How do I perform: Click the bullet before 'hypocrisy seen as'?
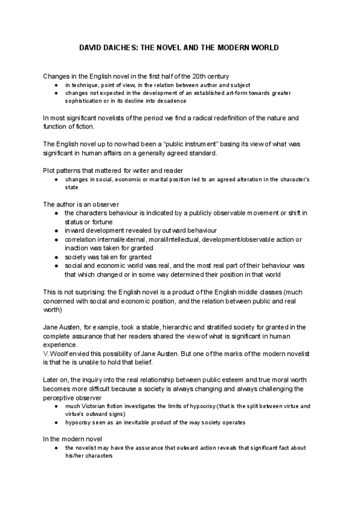(56, 423)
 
